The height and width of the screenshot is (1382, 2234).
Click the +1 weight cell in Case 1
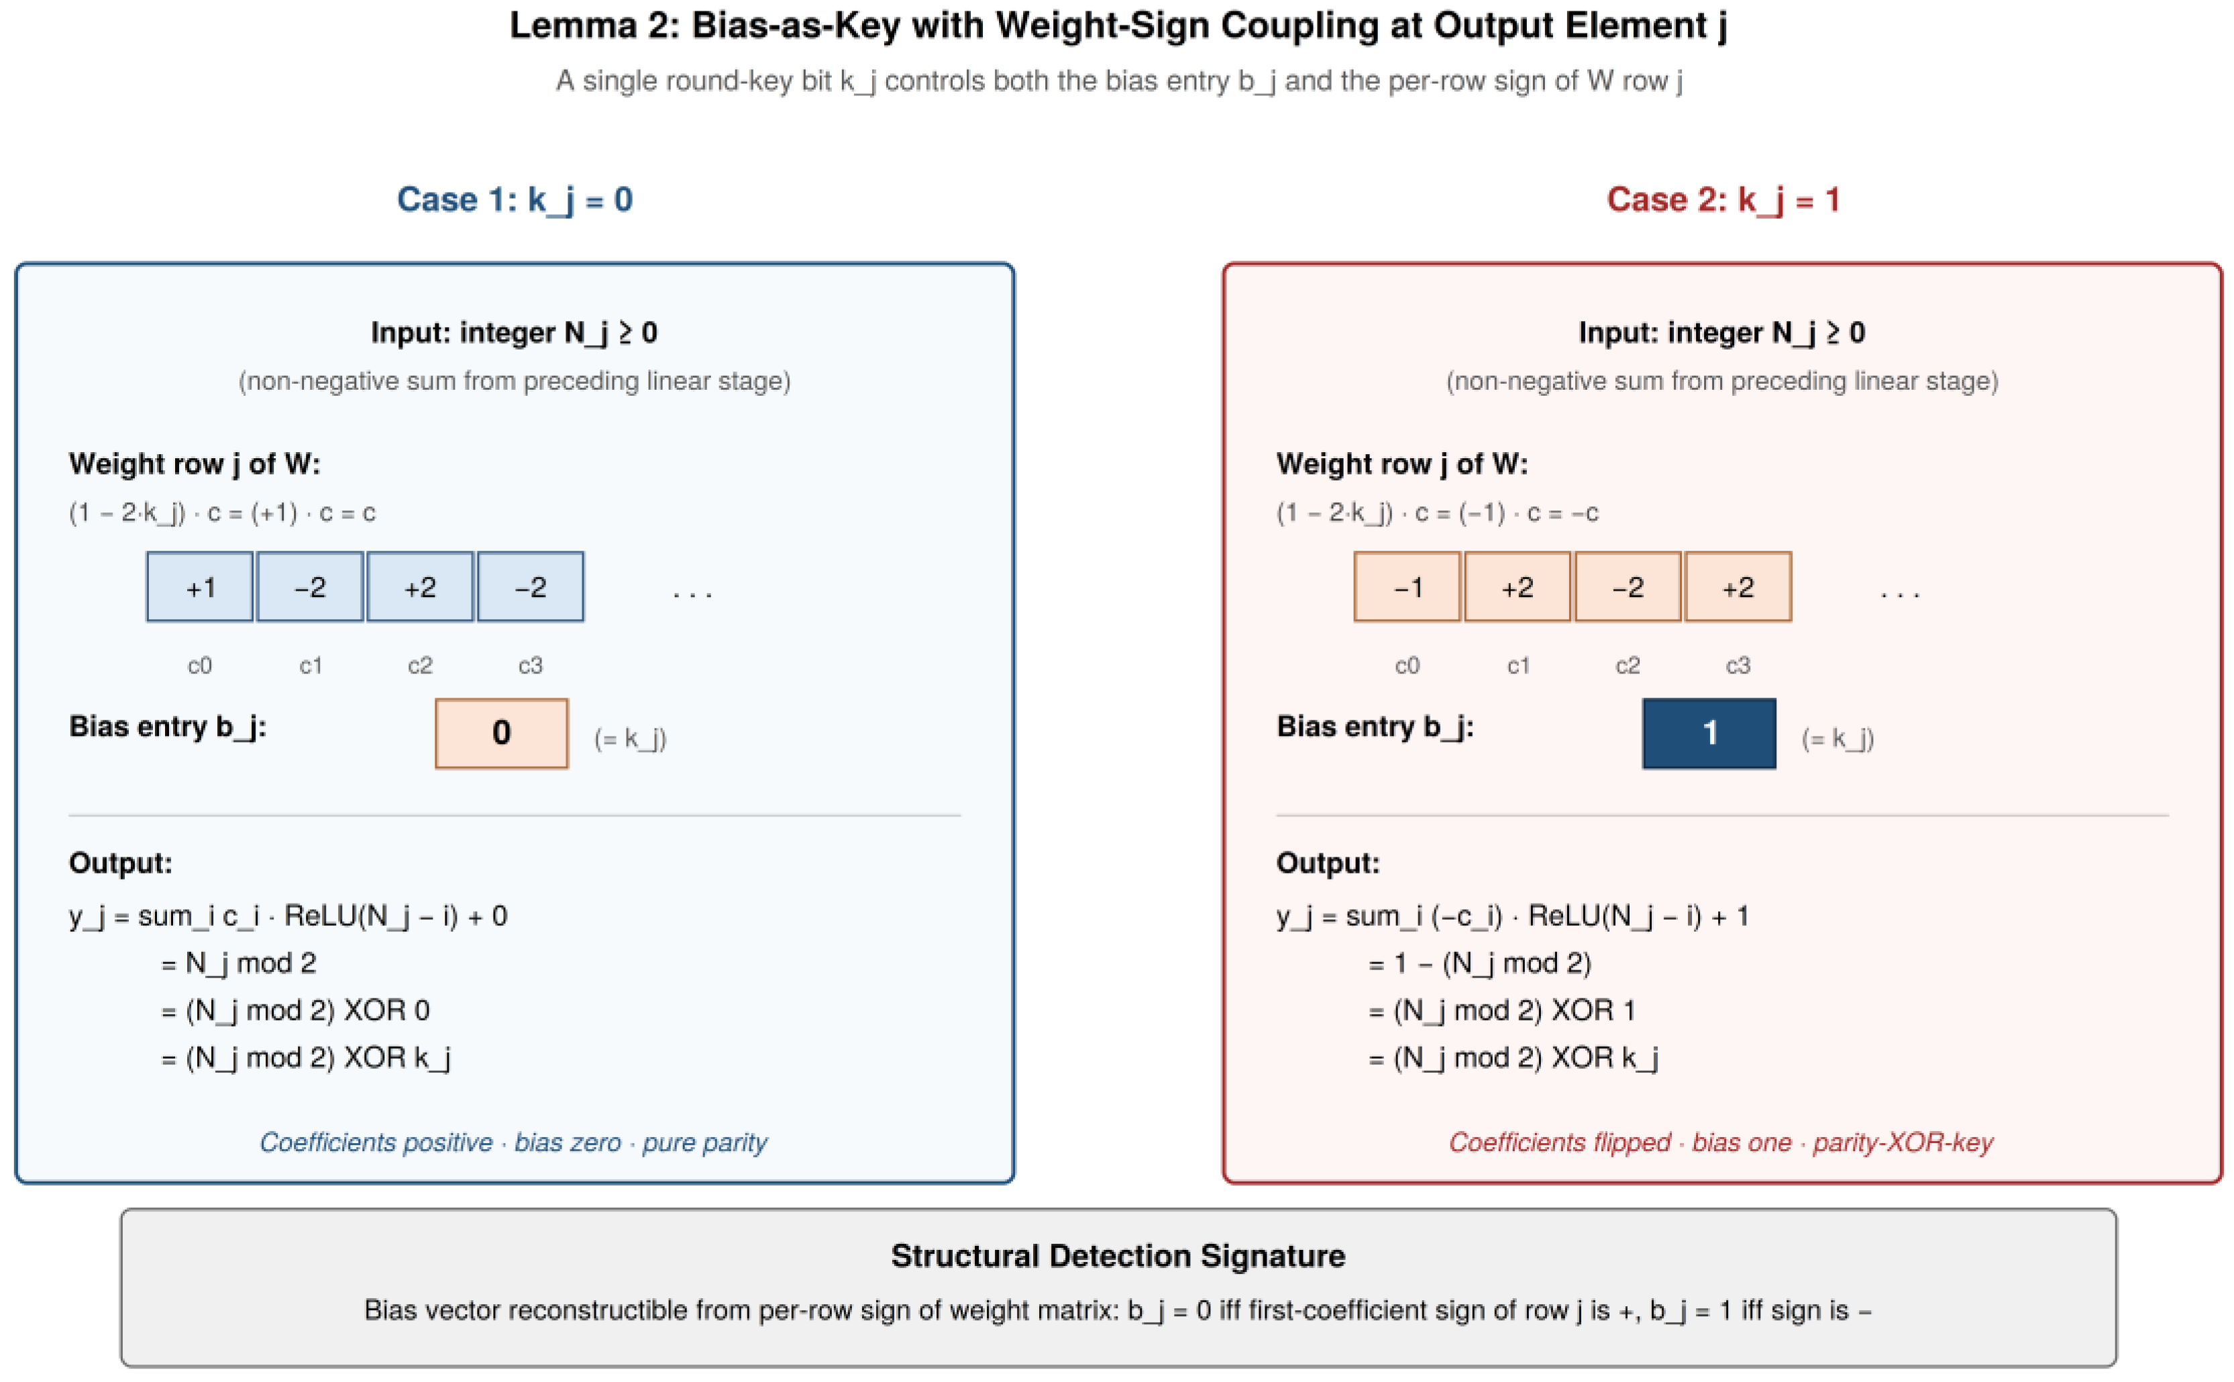point(199,587)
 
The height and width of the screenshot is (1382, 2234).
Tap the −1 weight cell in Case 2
point(1407,587)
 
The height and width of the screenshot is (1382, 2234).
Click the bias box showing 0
point(501,733)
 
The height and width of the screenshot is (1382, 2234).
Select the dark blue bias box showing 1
point(1709,733)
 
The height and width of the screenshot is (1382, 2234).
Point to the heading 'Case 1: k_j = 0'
point(515,200)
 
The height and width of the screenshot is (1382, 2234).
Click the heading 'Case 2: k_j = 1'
point(1723,200)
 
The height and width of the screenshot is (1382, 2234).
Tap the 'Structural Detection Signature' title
point(1118,1256)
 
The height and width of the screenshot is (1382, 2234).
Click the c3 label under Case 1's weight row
point(530,666)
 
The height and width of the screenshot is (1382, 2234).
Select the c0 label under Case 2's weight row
point(1407,666)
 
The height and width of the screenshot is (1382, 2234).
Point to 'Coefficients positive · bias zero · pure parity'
point(514,1142)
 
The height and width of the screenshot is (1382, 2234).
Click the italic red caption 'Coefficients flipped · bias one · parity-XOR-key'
point(1721,1142)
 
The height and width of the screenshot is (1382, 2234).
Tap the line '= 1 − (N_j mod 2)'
point(1480,963)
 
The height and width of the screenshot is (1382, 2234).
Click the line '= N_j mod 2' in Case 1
point(239,963)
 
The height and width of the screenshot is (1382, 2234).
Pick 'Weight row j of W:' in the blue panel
point(195,464)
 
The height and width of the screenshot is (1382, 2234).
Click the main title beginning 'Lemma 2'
point(1118,25)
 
